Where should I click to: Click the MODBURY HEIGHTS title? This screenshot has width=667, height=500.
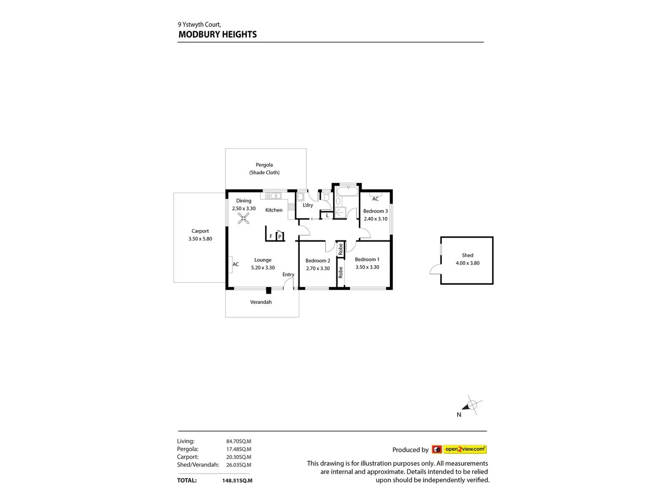tap(218, 35)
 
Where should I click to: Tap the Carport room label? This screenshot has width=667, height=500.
tap(200, 231)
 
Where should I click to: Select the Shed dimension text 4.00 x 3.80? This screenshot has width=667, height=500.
tap(467, 263)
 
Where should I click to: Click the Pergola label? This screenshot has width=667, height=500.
tap(264, 165)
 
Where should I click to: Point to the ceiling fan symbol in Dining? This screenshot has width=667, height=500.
tap(244, 218)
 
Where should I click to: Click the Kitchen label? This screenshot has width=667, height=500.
tap(274, 210)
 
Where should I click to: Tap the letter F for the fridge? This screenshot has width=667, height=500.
tap(271, 236)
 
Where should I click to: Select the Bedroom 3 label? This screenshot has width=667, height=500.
tap(375, 211)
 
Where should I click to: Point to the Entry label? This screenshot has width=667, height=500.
tap(288, 275)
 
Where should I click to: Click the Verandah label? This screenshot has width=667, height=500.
tap(261, 302)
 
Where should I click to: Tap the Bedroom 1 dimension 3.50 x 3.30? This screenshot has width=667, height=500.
tap(367, 267)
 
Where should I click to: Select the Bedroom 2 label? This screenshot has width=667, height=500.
tap(318, 261)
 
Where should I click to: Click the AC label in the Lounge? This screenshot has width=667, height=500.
tap(236, 264)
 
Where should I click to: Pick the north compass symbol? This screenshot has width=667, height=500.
tap(472, 406)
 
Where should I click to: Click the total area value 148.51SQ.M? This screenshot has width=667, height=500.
tap(237, 481)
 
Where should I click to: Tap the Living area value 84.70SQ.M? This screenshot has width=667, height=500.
tap(239, 441)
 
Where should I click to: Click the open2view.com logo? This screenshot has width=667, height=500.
tap(465, 449)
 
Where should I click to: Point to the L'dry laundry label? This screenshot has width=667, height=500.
tap(308, 205)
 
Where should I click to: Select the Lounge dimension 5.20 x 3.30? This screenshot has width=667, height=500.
tap(263, 268)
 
